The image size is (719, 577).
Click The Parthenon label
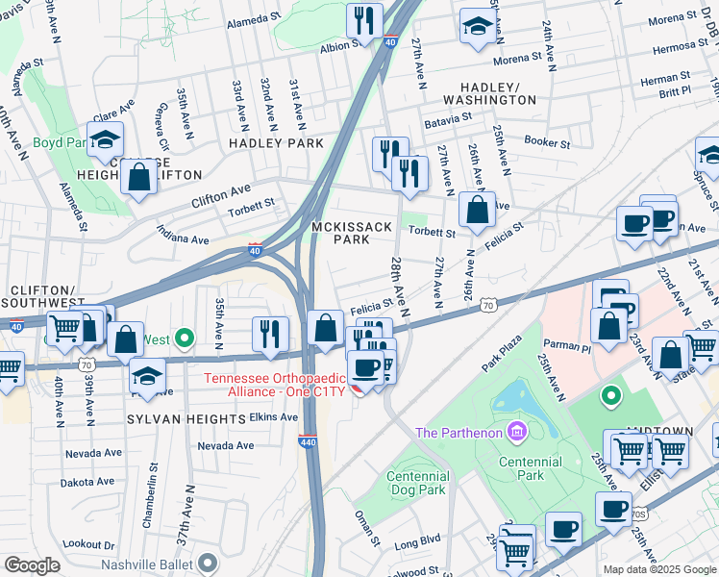coord(459,432)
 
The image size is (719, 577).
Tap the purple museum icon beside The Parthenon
coord(518,432)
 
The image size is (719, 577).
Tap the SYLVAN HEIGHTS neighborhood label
coord(186,419)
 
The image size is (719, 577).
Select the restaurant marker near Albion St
coord(364,20)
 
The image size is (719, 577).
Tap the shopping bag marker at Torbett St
coord(476,210)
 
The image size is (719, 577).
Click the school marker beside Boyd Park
coord(105,139)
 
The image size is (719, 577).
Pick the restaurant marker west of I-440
coord(270,334)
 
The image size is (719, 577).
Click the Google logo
coord(32,565)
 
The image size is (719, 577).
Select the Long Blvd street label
coord(417,545)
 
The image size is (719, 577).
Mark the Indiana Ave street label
coord(184,238)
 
